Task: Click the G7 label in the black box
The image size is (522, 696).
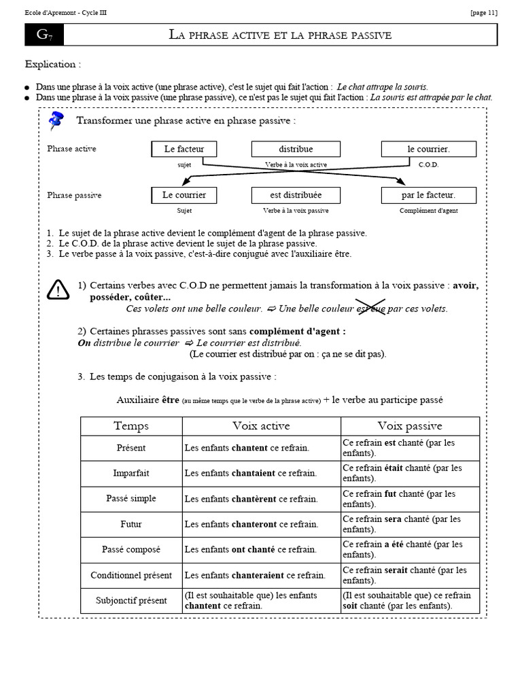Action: click(x=44, y=35)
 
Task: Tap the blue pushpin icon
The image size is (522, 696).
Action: click(x=56, y=122)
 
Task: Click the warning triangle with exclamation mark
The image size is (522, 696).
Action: click(x=58, y=290)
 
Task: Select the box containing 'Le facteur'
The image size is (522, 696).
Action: click(x=184, y=149)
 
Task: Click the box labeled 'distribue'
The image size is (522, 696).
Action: click(x=296, y=149)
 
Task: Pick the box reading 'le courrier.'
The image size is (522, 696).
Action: click(x=428, y=149)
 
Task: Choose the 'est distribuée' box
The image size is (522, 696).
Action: click(x=296, y=195)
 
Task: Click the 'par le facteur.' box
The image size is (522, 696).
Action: click(x=428, y=195)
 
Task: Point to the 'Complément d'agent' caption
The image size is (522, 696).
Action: click(x=428, y=211)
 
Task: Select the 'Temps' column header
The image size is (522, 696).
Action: click(x=131, y=426)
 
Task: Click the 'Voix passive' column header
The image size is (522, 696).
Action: click(x=410, y=426)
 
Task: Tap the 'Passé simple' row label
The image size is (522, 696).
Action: click(x=131, y=498)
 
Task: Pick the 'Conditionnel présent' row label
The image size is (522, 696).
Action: click(x=131, y=575)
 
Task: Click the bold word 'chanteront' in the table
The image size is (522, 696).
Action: click(x=254, y=524)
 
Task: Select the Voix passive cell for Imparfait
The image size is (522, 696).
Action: click(x=410, y=473)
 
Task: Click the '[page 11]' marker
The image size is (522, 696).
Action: click(x=483, y=13)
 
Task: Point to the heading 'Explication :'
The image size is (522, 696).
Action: click(x=53, y=65)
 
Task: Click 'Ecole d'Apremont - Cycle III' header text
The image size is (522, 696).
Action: click(x=65, y=13)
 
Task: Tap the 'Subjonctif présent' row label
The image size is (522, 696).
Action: click(x=131, y=600)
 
